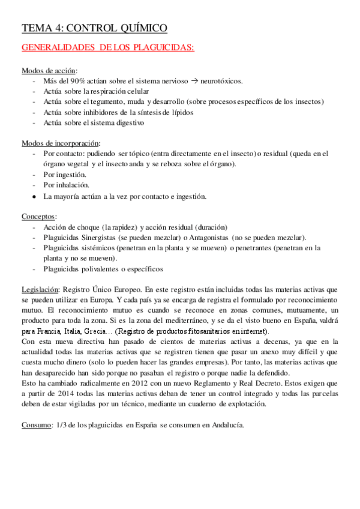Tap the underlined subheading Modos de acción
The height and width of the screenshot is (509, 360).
pos(49,70)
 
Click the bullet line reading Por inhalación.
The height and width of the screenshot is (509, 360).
pos(66,185)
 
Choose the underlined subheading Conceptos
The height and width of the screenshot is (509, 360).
pos(39,216)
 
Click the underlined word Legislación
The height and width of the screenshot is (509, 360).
pos(40,289)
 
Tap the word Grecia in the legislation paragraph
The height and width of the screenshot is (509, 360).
pos(97,331)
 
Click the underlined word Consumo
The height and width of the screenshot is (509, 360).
pos(37,425)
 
